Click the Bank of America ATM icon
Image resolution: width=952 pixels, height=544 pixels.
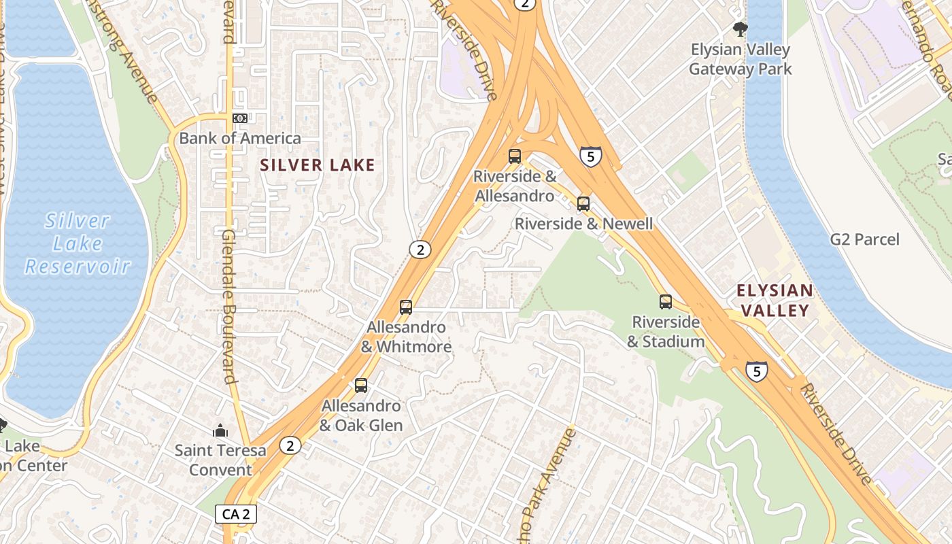coord(239,118)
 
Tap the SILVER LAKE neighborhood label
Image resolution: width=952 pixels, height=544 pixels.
coord(318,165)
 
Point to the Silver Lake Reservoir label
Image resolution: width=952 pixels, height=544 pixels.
coord(78,243)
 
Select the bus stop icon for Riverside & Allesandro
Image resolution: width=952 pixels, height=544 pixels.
coord(515,156)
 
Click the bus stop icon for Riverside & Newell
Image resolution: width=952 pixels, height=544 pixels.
coord(583,203)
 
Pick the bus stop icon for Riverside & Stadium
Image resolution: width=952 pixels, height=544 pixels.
coord(666,302)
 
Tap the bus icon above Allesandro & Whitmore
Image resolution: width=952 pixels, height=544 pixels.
coord(406,307)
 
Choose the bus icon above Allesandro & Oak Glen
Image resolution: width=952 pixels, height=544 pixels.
coord(361,386)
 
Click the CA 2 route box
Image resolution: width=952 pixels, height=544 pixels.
coord(236,514)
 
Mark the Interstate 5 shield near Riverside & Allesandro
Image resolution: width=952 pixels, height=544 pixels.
coord(590,157)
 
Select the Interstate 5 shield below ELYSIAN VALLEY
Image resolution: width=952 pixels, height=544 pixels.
coord(756,371)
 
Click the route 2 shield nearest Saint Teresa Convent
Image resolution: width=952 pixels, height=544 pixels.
coord(290,446)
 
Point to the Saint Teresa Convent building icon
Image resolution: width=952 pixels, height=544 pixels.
coord(220,430)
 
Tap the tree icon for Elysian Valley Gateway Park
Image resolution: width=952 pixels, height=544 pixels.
coord(740,29)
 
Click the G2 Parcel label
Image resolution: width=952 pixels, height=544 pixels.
coord(864,239)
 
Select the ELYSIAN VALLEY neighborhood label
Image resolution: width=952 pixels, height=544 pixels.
coord(775,301)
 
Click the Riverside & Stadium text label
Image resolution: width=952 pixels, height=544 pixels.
coord(665,332)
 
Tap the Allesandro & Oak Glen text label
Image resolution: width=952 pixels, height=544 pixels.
coord(361,415)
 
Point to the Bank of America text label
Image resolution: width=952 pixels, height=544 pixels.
coord(240,139)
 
